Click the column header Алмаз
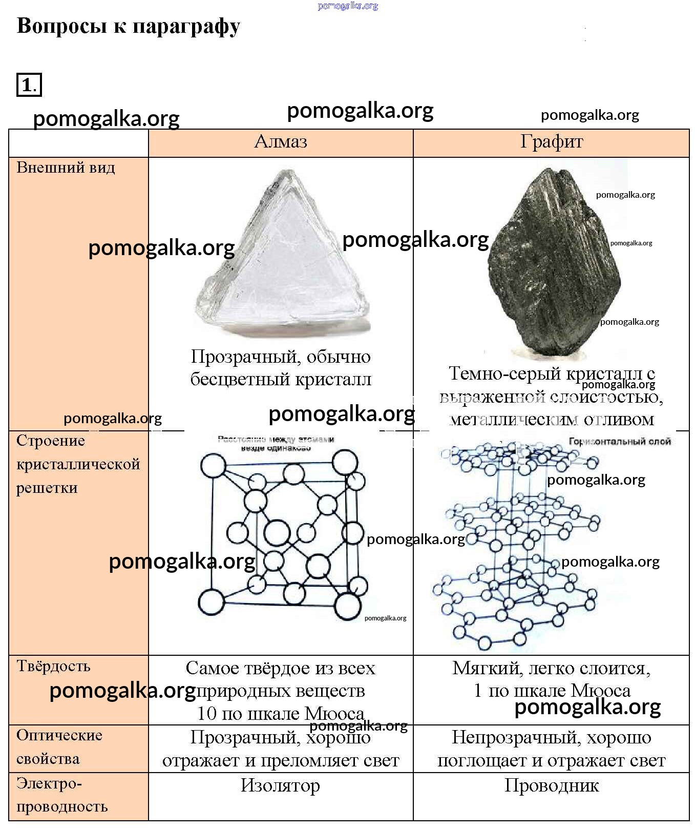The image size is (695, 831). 281,141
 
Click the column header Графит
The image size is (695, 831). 552,141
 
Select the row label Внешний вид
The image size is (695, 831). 66,168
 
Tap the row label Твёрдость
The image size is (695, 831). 53,666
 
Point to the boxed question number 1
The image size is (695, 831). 29,85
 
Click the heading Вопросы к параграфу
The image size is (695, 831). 128,26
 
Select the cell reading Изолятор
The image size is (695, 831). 280,785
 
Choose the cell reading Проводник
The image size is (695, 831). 552,785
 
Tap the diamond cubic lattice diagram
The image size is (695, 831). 282,533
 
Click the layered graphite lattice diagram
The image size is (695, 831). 517,543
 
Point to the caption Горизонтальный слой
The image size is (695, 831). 620,442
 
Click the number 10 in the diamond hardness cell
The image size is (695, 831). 207,714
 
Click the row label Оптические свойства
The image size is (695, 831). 59,746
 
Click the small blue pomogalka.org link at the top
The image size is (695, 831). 348,6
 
